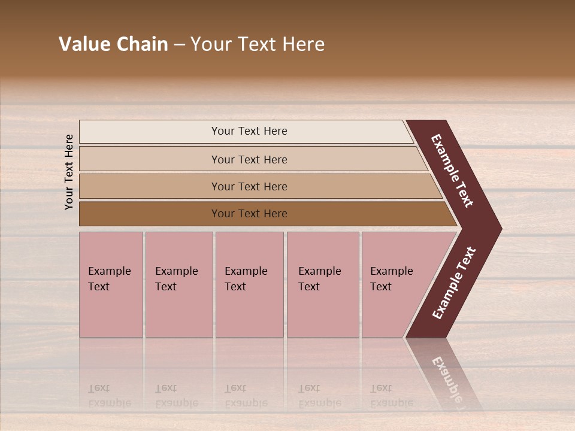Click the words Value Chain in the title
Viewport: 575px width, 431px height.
tap(113, 44)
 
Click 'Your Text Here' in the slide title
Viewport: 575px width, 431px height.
tap(258, 44)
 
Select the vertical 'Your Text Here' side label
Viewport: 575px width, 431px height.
tap(69, 172)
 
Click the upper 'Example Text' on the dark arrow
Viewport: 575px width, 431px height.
tap(452, 171)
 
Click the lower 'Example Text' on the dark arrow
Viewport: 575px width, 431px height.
tap(454, 283)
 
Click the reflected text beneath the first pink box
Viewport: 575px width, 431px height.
tap(109, 396)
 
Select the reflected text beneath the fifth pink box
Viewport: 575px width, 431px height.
tap(391, 396)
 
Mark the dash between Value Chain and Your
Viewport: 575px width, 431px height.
tap(179, 44)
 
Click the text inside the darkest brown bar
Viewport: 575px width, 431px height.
tap(249, 214)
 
